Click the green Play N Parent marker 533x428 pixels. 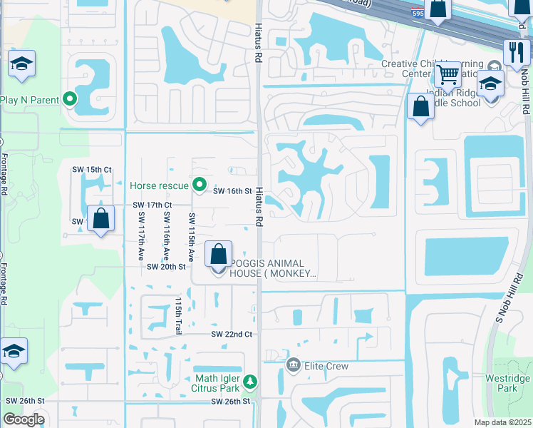click(70, 99)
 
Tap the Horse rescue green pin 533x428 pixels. click(200, 185)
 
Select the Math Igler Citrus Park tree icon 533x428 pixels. click(249, 382)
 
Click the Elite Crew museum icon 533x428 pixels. click(293, 365)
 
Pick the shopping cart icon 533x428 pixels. click(447, 73)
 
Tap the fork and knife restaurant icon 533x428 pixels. click(515, 51)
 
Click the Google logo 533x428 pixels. click(24, 419)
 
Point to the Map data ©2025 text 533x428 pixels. click(502, 422)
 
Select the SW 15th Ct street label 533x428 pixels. click(98, 169)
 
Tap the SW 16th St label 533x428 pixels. click(233, 191)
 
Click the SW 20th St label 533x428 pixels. click(166, 266)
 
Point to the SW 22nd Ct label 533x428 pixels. click(232, 334)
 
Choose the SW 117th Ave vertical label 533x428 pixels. click(141, 235)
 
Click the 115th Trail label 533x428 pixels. click(177, 315)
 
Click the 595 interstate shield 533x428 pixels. click(419, 12)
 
